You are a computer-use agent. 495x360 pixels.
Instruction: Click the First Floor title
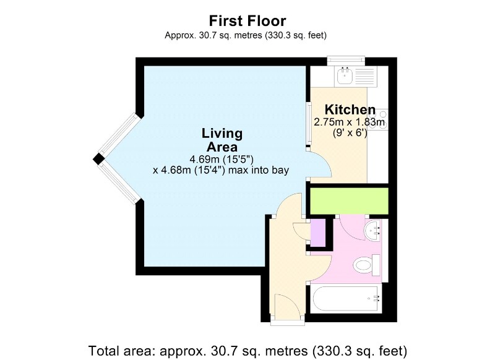point(247,21)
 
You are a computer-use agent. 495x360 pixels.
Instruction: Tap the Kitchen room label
point(350,110)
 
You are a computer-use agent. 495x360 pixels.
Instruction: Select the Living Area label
point(222,140)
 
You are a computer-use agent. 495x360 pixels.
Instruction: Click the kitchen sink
point(345,75)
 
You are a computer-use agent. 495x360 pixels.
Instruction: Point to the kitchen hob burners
point(377,118)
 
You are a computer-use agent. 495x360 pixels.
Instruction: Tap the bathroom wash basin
point(372,230)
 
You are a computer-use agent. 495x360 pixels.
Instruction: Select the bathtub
point(346,299)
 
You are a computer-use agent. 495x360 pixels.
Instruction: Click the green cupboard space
point(349,200)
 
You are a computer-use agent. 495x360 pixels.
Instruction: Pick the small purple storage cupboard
point(318,233)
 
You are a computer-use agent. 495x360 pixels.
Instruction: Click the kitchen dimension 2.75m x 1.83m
point(349,122)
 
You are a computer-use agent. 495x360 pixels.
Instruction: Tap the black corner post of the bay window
point(98,159)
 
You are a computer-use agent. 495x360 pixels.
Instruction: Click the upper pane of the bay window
point(120,134)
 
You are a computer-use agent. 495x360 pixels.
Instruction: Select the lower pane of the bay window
point(120,183)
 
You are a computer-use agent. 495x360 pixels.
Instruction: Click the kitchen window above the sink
point(346,61)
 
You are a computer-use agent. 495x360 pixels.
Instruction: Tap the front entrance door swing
point(288,306)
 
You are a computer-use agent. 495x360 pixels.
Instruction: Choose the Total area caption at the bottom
point(247,351)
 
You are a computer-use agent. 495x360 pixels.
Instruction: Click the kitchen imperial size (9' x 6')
point(350,133)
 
